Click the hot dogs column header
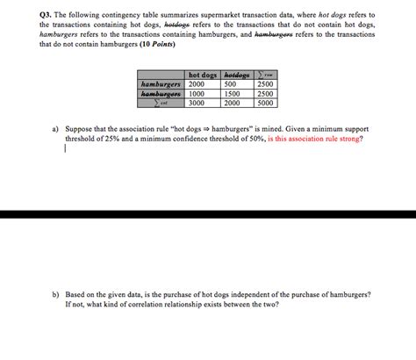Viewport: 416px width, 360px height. pos(203,76)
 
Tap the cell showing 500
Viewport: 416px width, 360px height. pos(233,84)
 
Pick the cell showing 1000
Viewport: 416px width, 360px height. pos(197,93)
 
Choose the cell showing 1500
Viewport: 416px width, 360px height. pos(233,93)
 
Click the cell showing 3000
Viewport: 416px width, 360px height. pos(197,103)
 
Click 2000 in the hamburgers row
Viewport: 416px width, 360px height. pos(197,84)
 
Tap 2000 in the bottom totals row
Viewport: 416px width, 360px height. pos(233,103)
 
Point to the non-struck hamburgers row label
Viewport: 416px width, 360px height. pos(162,84)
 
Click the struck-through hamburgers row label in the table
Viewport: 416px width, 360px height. pos(162,93)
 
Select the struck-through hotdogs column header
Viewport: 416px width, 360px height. pos(236,76)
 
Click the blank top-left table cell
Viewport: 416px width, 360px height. pos(162,76)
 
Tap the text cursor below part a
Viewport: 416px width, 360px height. pos(64,149)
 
